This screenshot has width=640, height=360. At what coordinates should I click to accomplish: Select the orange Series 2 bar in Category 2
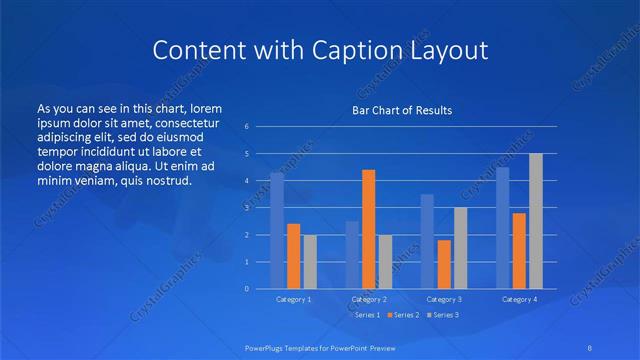[x=369, y=229]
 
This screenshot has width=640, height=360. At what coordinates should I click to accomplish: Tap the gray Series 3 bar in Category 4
[x=536, y=221]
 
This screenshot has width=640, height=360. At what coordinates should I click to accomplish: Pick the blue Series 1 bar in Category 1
[x=277, y=230]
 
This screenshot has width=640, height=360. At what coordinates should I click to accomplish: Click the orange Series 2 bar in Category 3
[x=444, y=264]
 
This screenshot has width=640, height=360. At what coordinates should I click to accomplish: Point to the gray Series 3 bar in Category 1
[x=310, y=261]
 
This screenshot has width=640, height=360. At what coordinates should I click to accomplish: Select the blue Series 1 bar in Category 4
[x=503, y=227]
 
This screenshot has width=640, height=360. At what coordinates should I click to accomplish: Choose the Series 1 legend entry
[x=365, y=314]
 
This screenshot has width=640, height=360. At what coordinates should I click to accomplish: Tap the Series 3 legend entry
[x=444, y=314]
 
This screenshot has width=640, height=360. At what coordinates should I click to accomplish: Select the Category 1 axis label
[x=294, y=299]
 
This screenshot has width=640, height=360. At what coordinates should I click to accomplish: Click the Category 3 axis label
[x=444, y=299]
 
